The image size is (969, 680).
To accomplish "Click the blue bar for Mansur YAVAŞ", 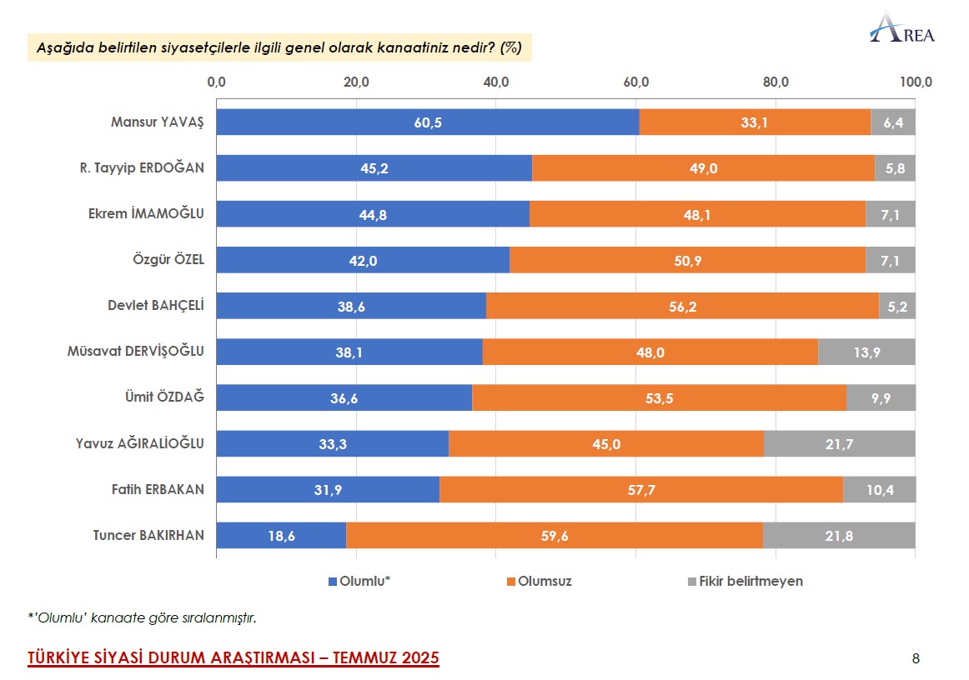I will coord(427,122).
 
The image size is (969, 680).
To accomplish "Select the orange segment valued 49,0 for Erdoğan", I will coord(703,168).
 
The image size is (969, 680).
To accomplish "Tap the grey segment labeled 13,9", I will coord(866,352).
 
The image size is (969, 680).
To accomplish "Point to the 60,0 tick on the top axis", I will coord(635,82).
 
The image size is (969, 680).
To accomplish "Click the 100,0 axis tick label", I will coord(916,82).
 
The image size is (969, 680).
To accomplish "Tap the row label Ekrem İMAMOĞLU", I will coord(146,214).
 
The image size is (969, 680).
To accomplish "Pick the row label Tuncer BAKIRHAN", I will coord(148,535).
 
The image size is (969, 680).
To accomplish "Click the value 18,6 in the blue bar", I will coord(281,536).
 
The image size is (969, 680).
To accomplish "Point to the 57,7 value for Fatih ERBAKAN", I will coord(640,490).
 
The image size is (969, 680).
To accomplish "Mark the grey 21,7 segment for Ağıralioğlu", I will coord(839,444).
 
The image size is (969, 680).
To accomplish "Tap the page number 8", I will coord(916,659).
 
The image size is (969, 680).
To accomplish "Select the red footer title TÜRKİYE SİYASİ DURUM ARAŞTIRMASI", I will coord(233,658).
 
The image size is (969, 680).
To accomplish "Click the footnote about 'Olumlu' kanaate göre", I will coord(142,617).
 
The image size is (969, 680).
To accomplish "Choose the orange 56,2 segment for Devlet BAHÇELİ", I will coord(682,307).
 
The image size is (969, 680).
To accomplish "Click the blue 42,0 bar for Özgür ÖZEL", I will coord(363,260).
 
